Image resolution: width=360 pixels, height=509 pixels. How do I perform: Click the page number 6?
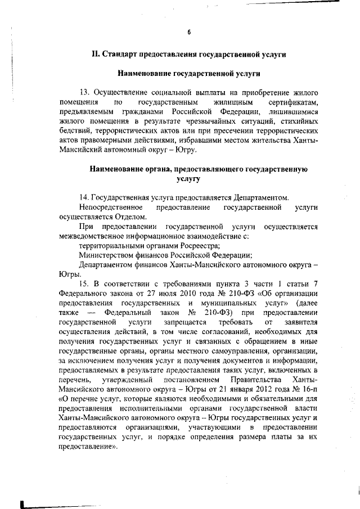point(190,31)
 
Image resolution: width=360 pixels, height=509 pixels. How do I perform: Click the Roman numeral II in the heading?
point(96,55)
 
